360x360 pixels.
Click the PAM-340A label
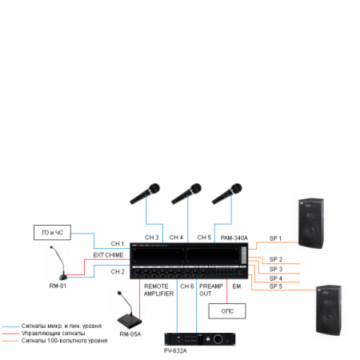coord(234,238)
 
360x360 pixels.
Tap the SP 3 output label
coord(275,269)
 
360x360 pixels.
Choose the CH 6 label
coord(186,286)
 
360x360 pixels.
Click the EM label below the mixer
coord(236,286)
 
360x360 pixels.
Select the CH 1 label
coord(117,243)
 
